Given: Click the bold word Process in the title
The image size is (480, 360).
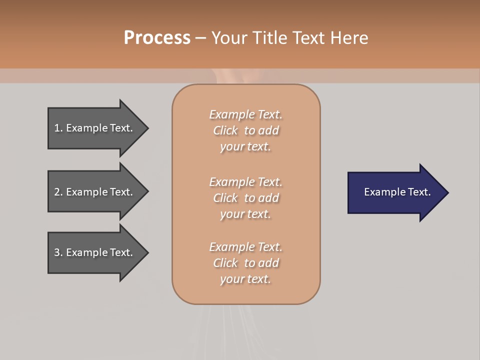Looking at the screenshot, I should click(x=157, y=38).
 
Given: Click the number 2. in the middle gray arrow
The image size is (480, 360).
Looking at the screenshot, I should click(x=58, y=192).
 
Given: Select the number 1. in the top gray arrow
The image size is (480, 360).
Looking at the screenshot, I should click(x=58, y=128).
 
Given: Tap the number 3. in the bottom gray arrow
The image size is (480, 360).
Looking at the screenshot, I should click(x=58, y=252).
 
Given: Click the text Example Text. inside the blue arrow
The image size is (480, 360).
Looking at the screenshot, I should click(x=397, y=192).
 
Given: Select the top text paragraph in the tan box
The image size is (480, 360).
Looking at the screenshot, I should click(x=245, y=130).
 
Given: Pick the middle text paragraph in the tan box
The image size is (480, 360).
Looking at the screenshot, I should click(x=245, y=198).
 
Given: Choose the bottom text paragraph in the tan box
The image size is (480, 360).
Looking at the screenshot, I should click(x=245, y=263).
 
